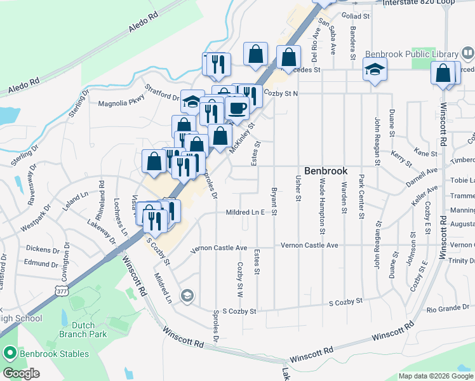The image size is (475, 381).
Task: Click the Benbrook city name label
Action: pyautogui.click(x=326, y=171)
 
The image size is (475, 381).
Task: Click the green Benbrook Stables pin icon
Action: pyautogui.click(x=10, y=352)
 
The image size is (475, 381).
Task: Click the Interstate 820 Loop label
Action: pyautogui.click(x=428, y=3)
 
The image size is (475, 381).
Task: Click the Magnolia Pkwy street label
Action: pyautogui.click(x=121, y=102)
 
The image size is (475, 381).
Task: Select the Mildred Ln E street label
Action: pyautogui.click(x=244, y=213)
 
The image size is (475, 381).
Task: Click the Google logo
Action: pyautogui.click(x=22, y=373)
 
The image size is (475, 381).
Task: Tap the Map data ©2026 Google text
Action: pyautogui.click(x=436, y=376)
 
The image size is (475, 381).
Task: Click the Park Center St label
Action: pyautogui.click(x=361, y=197)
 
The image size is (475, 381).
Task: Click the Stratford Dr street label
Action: pyautogui.click(x=162, y=93)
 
